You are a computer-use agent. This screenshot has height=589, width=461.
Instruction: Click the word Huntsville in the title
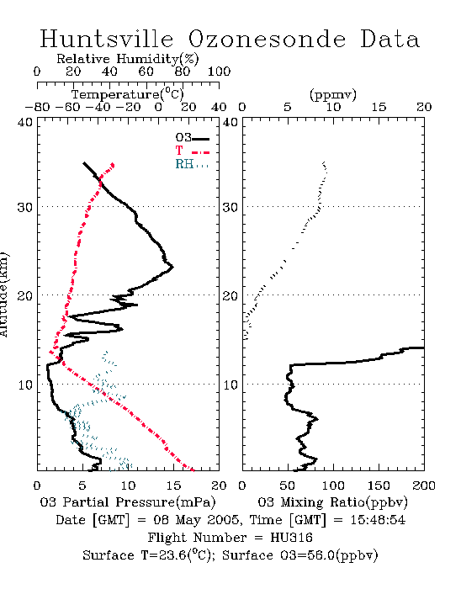[107, 39]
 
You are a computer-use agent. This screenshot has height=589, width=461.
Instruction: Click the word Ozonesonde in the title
[267, 39]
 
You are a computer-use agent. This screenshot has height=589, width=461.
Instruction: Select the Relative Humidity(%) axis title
[128, 59]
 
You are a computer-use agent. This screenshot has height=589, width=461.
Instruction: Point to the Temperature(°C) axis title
[128, 94]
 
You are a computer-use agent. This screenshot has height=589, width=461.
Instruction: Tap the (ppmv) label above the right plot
[333, 94]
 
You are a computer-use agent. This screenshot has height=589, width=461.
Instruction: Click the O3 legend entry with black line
[192, 138]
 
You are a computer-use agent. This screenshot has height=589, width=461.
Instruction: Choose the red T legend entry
[192, 151]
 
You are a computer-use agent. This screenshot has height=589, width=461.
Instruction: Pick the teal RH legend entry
[192, 164]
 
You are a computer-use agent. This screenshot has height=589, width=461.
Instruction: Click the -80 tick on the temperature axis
[37, 108]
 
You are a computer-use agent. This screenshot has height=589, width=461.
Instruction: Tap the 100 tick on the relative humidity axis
[219, 72]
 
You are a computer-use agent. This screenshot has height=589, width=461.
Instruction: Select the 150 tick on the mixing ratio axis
[379, 486]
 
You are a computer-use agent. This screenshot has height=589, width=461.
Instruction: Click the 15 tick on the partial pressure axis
[173, 486]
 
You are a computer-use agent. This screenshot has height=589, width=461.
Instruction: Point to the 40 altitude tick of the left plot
[25, 123]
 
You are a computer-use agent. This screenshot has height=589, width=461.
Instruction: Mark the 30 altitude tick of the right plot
[231, 207]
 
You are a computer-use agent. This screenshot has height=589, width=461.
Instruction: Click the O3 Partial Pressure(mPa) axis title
[128, 502]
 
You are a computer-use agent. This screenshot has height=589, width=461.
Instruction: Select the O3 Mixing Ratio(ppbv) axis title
[332, 502]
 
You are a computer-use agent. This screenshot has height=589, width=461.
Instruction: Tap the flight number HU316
[291, 538]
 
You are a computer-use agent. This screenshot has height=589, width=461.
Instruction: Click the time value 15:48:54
[378, 520]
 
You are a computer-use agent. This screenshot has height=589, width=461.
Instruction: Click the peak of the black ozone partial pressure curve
[172, 267]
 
